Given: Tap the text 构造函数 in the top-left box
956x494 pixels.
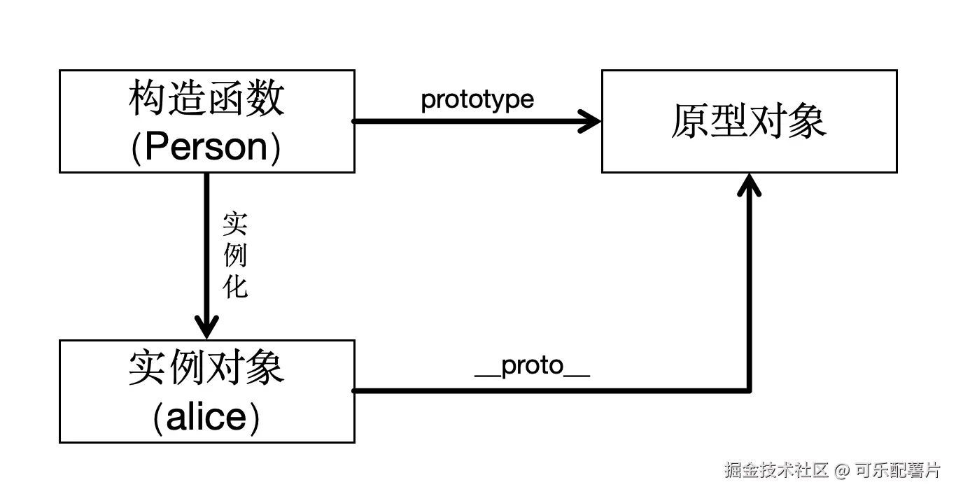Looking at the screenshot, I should (206, 98).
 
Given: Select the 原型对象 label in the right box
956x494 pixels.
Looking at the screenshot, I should (749, 121).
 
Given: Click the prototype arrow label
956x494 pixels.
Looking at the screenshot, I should (477, 100).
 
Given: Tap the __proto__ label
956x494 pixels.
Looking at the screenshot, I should (532, 366).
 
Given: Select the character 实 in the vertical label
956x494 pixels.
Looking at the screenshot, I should (235, 225).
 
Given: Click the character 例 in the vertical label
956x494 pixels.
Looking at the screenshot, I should (235, 256).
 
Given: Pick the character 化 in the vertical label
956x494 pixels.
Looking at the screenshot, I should (235, 285).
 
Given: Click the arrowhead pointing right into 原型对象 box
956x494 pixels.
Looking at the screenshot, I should (591, 121).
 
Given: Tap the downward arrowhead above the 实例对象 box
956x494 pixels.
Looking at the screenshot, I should (206, 327).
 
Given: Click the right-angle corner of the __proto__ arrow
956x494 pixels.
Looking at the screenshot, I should (750, 390).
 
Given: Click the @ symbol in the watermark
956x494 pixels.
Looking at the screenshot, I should (841, 470).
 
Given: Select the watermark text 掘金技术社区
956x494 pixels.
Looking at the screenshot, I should (776, 470).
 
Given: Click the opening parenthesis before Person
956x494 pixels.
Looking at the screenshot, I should (137, 148).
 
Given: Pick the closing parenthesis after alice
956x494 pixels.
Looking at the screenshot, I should (256, 418).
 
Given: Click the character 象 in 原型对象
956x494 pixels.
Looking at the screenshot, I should (808, 121).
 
